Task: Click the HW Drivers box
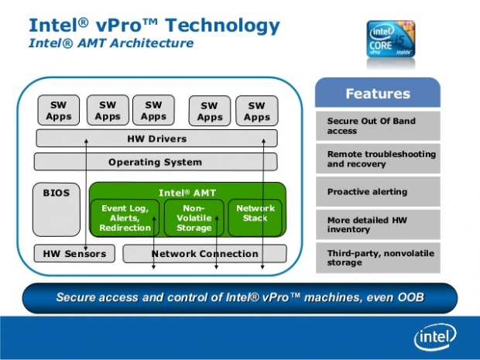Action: tap(156, 139)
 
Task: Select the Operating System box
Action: tap(155, 162)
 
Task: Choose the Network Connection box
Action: tap(204, 253)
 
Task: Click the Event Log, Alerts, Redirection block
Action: tap(125, 218)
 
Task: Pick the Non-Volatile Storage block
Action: tap(194, 218)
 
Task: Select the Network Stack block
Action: tap(255, 214)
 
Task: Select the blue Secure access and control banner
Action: tap(240, 297)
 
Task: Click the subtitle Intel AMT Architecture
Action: tap(110, 43)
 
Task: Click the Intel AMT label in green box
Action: tap(187, 192)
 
